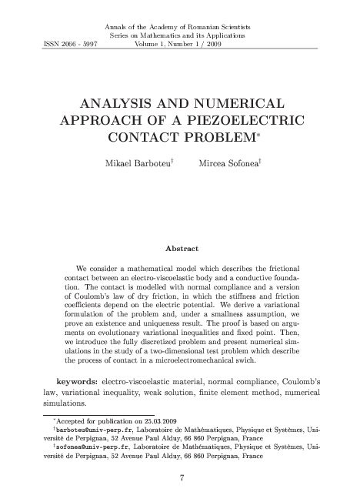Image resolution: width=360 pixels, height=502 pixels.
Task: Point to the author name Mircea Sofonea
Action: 229,164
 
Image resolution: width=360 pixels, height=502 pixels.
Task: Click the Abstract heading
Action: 182,248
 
